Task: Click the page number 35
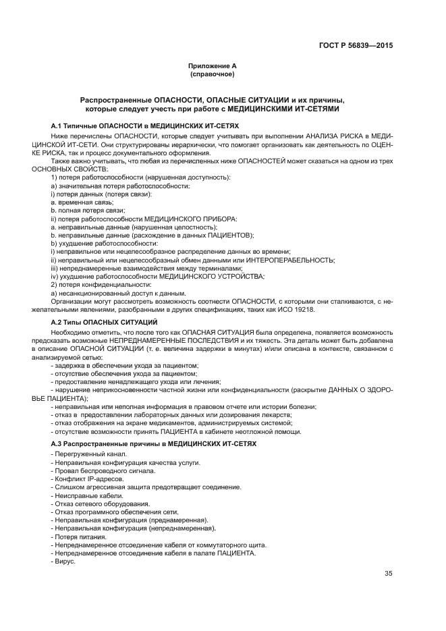coord(388,574)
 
